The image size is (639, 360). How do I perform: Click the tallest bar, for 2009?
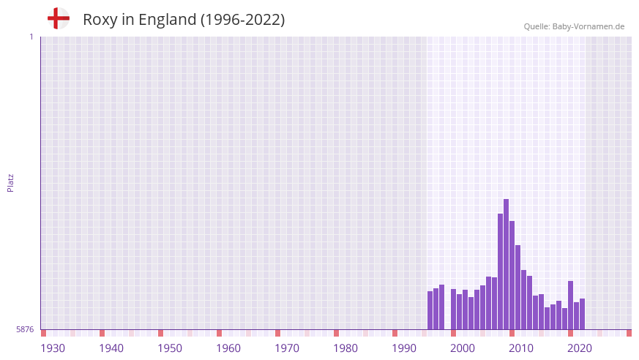coord(506,264)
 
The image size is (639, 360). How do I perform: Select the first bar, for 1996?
coord(430,310)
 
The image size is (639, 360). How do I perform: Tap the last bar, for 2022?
coord(582,314)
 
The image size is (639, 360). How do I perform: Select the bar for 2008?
coord(500,271)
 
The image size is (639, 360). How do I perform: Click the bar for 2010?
coord(512,275)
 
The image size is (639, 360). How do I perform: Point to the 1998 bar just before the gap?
coord(441,307)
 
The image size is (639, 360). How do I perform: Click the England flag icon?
coord(58,19)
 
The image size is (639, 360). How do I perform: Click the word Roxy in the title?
coord(98,20)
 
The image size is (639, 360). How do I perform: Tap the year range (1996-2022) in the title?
coord(242,20)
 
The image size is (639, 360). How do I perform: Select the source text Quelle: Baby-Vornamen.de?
coord(574,26)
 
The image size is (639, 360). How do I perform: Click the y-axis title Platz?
coord(10,182)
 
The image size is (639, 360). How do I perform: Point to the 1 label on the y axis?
coord(31,37)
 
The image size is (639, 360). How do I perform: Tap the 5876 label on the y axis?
coord(25,330)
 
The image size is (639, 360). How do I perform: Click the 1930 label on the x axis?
coord(53,348)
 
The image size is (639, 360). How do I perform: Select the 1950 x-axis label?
coord(170,348)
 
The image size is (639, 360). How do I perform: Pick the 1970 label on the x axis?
coord(287,348)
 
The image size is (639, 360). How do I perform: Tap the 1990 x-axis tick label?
coord(404,348)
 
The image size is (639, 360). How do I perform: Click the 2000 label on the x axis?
coord(463,348)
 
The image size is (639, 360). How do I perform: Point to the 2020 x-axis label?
coord(580,348)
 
